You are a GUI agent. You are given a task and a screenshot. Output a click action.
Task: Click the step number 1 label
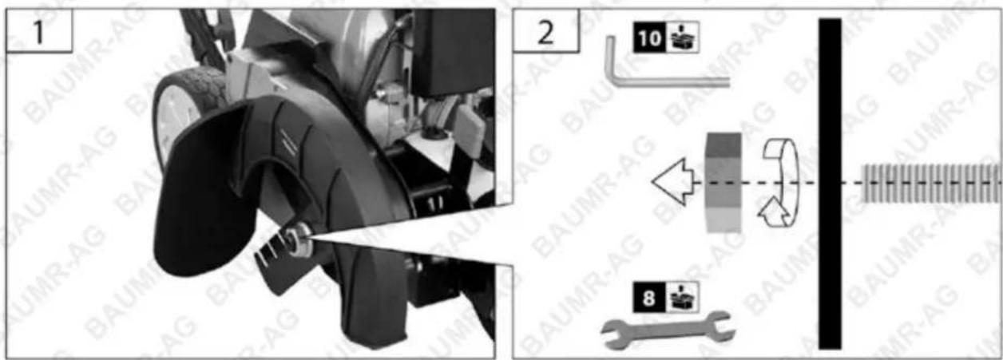coord(39,32)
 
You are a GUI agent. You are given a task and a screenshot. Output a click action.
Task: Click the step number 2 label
coord(545,32)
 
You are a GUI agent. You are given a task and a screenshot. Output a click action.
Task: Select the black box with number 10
coord(649,38)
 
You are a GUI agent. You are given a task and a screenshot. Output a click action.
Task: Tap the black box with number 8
coord(648,298)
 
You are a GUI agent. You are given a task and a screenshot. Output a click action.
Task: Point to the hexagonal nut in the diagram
coord(723,183)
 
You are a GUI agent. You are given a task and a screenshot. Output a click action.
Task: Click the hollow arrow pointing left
coord(672,182)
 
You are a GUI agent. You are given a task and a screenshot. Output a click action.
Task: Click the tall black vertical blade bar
coord(831,184)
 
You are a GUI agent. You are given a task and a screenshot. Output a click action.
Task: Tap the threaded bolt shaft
coord(932,183)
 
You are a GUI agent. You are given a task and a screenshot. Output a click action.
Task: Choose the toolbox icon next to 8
coord(682,298)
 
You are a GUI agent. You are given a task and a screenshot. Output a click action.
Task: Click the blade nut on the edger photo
coord(298,240)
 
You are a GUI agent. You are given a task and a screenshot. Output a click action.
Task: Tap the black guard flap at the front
coord(201,188)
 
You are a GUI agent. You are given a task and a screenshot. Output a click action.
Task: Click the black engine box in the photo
coord(452,52)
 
